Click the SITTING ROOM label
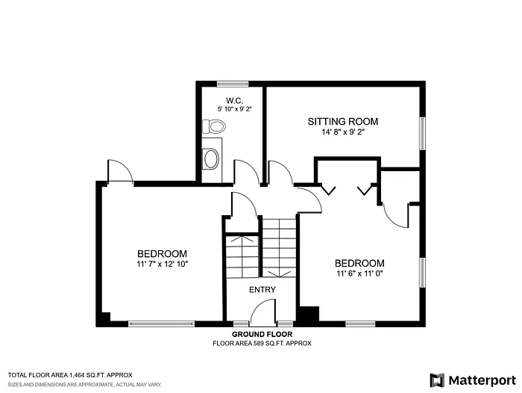click(343, 121)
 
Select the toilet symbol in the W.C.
click(214, 126)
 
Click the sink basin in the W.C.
click(212, 158)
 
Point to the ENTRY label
click(262, 290)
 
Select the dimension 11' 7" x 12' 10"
click(161, 264)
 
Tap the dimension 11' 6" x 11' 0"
click(359, 273)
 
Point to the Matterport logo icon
click(437, 380)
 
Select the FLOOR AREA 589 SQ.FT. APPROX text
click(261, 344)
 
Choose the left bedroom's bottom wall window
click(151, 324)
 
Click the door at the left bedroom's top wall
click(119, 172)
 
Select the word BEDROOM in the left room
click(161, 254)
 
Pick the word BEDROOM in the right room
click(359, 263)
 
